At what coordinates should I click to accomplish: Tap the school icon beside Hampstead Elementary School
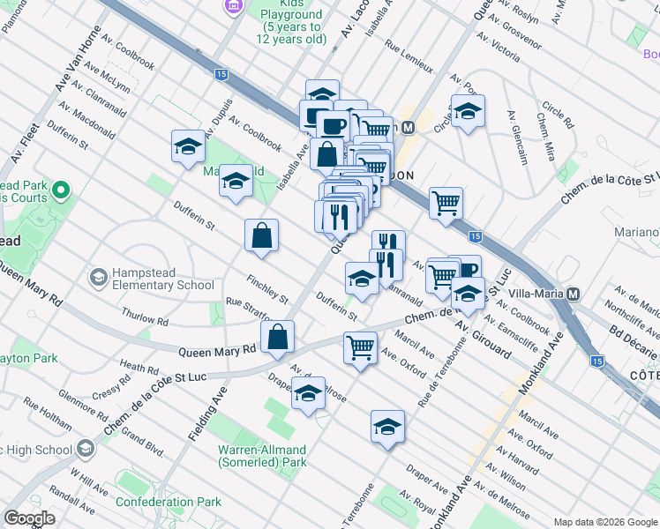[x=99, y=279]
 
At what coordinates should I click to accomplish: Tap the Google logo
[x=30, y=518]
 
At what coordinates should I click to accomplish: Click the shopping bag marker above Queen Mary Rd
[x=278, y=336]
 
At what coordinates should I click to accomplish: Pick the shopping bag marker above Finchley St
[x=262, y=235]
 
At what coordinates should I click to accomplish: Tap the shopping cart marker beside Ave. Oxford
[x=360, y=348]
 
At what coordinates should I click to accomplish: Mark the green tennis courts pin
[x=61, y=190]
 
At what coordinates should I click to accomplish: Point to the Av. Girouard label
[x=483, y=339]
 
